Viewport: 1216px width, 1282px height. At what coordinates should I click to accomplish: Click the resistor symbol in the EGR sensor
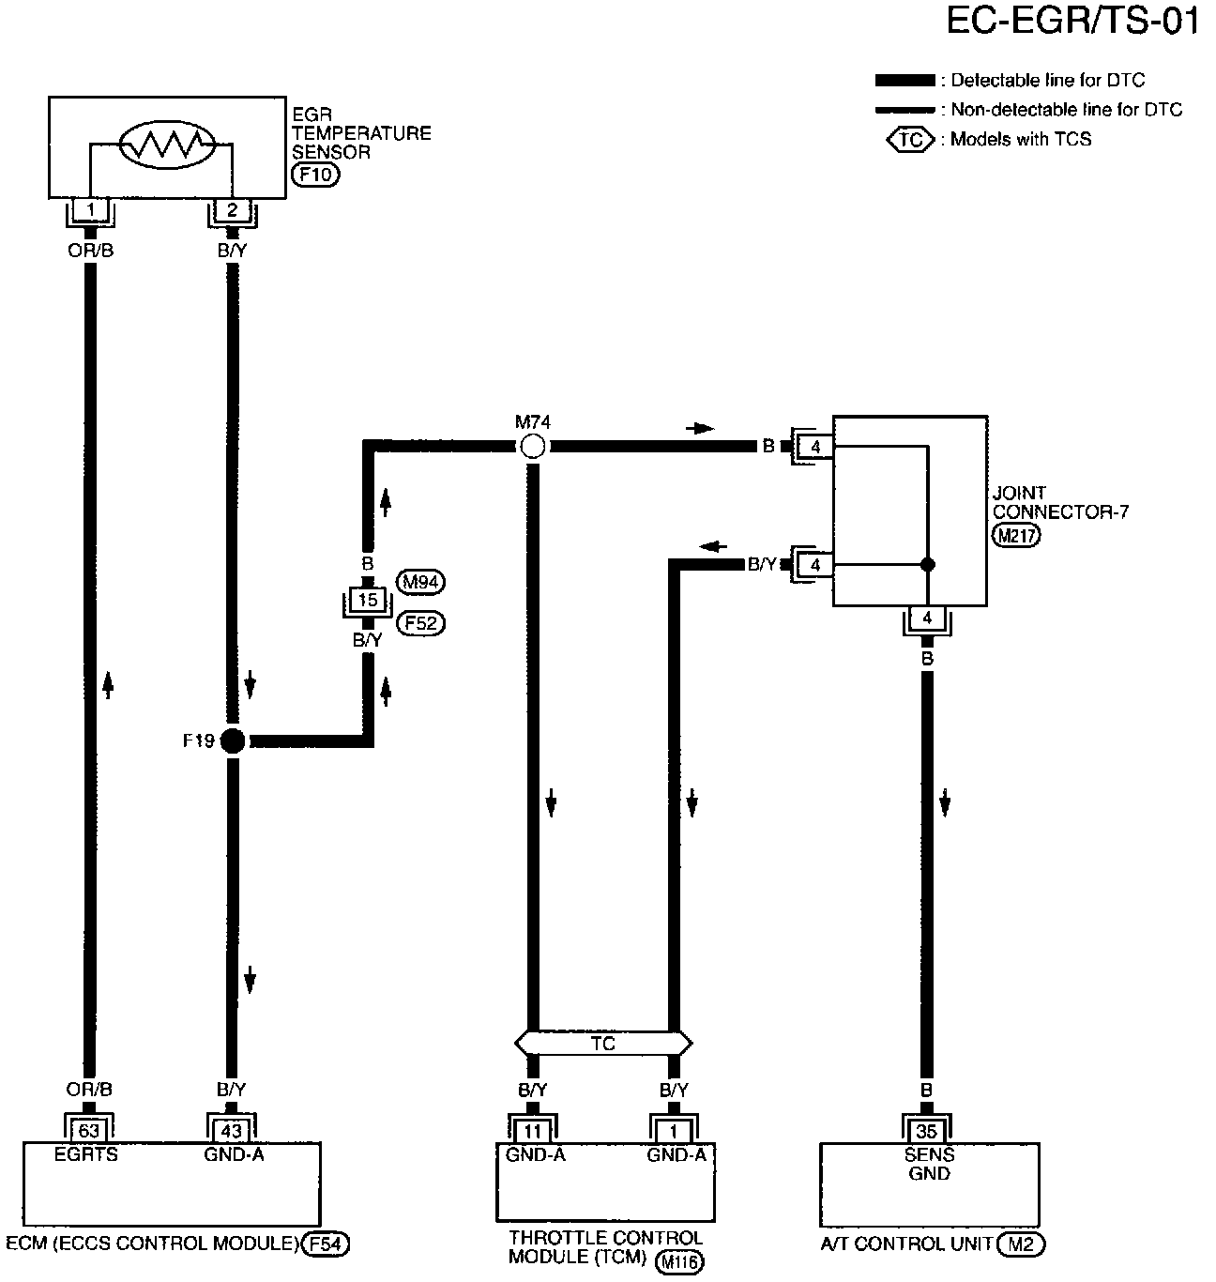coord(167,144)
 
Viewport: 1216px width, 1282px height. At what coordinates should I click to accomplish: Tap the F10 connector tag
coord(315,175)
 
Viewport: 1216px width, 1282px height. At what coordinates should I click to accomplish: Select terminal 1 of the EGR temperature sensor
coord(90,210)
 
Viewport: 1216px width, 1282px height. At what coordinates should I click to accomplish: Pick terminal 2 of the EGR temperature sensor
coord(232,210)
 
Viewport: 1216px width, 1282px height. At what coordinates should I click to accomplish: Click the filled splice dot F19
coord(232,741)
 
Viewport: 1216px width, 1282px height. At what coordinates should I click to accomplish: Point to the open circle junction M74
coord(532,447)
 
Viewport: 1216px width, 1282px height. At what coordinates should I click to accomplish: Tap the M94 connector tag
coord(421,582)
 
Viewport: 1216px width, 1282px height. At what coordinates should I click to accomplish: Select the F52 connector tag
coord(421,622)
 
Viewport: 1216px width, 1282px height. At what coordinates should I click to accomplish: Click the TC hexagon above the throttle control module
coord(602,1043)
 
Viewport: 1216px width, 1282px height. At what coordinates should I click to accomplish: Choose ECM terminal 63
coord(90,1130)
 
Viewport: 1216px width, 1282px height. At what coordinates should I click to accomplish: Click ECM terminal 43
coord(232,1130)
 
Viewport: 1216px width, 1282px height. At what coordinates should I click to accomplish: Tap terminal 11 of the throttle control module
coord(532,1132)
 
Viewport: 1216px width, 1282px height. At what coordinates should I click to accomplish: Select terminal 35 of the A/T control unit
coord(927,1132)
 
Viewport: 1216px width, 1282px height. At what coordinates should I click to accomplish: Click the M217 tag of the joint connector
coord(1016,534)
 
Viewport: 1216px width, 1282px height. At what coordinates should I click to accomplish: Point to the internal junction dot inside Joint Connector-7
coord(927,564)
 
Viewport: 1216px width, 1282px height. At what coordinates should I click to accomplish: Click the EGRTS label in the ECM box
coord(86,1154)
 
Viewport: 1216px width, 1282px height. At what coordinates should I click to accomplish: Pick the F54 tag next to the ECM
coord(327,1244)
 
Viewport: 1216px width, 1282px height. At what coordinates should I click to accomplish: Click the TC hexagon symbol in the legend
coord(910,140)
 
